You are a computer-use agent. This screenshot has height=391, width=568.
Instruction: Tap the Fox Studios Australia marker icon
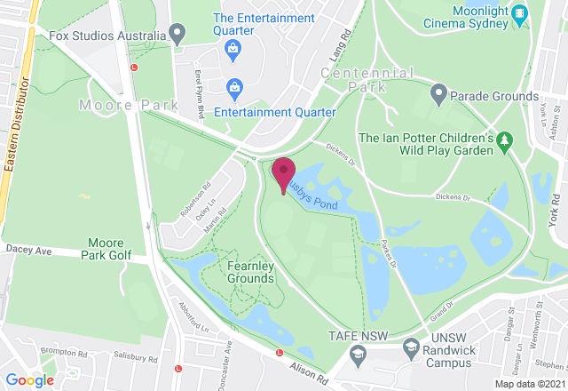click(177, 36)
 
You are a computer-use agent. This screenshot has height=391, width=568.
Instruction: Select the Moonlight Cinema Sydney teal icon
click(521, 14)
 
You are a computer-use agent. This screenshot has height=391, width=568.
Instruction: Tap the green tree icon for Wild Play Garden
click(505, 140)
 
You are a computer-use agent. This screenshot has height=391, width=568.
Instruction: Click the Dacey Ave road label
click(28, 251)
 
